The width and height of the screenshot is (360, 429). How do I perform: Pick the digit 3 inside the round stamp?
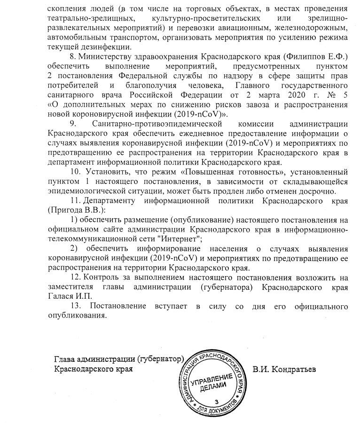(216, 401)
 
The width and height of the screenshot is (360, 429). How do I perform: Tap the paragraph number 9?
(73, 123)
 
